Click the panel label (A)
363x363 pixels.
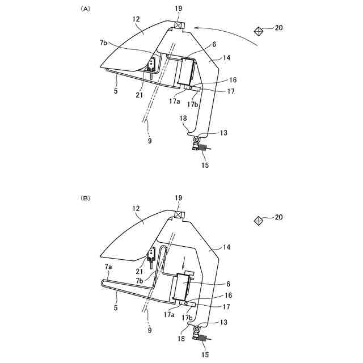tap(86, 9)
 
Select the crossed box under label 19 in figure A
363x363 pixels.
tap(179, 26)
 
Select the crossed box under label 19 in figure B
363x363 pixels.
tap(179, 215)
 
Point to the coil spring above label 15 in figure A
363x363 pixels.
tap(202, 148)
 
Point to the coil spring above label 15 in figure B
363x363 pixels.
tap(202, 338)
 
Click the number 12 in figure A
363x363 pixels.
tap(136, 19)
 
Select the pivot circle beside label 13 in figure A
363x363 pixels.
tap(197, 140)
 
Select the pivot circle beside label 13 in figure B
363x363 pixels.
tap(197, 329)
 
